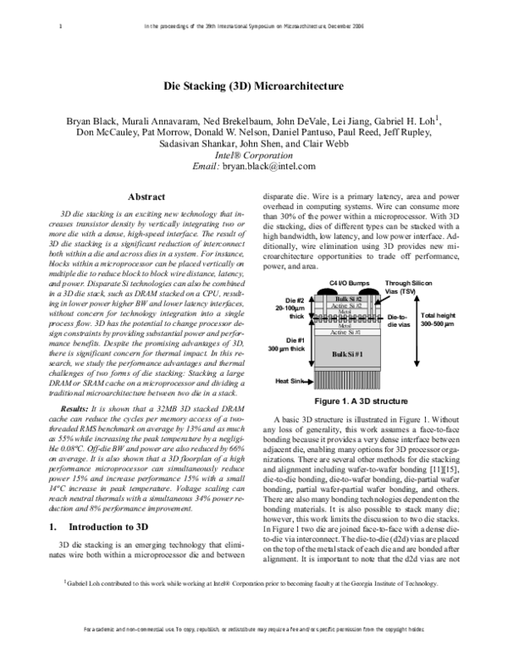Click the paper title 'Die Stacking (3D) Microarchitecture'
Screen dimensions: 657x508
253,86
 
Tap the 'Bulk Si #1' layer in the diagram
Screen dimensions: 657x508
347,353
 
